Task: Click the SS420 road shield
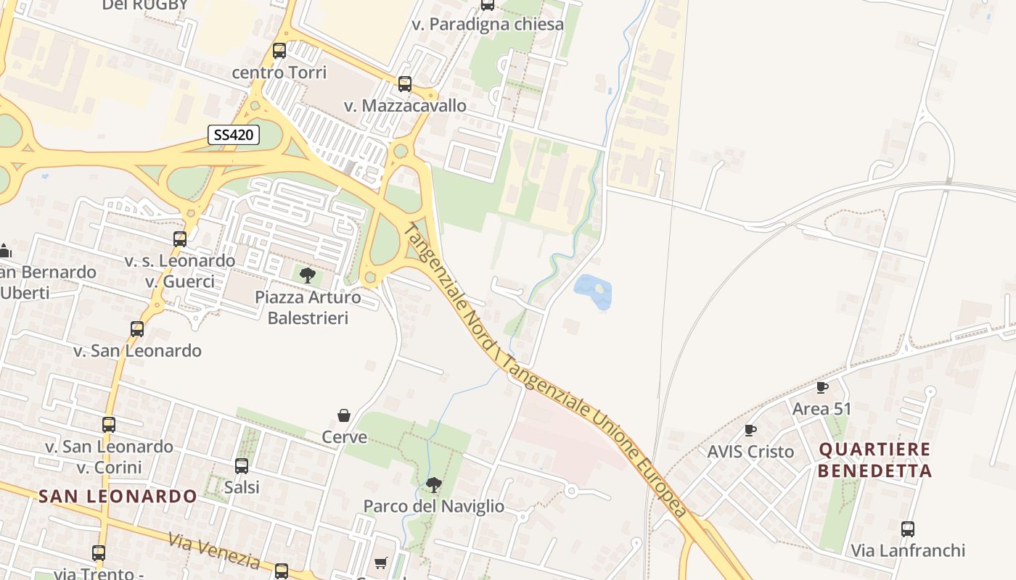(234, 135)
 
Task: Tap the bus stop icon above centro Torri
(279, 51)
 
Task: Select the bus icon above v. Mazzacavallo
(405, 84)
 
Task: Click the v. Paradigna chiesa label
(488, 24)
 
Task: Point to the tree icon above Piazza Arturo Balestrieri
(308, 275)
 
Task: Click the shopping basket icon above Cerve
(344, 415)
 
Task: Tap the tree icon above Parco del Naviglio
(433, 484)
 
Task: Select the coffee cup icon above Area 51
(822, 387)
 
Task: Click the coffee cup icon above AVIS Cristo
(750, 430)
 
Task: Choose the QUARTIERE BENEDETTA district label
(874, 460)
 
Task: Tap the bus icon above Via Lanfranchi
(908, 529)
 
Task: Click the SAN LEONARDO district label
(118, 496)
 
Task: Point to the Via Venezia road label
(214, 550)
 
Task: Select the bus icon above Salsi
(242, 466)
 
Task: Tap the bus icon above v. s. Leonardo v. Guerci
(180, 239)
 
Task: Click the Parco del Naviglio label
(433, 506)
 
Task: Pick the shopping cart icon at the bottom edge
(380, 563)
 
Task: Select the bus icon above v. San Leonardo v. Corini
(109, 425)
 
